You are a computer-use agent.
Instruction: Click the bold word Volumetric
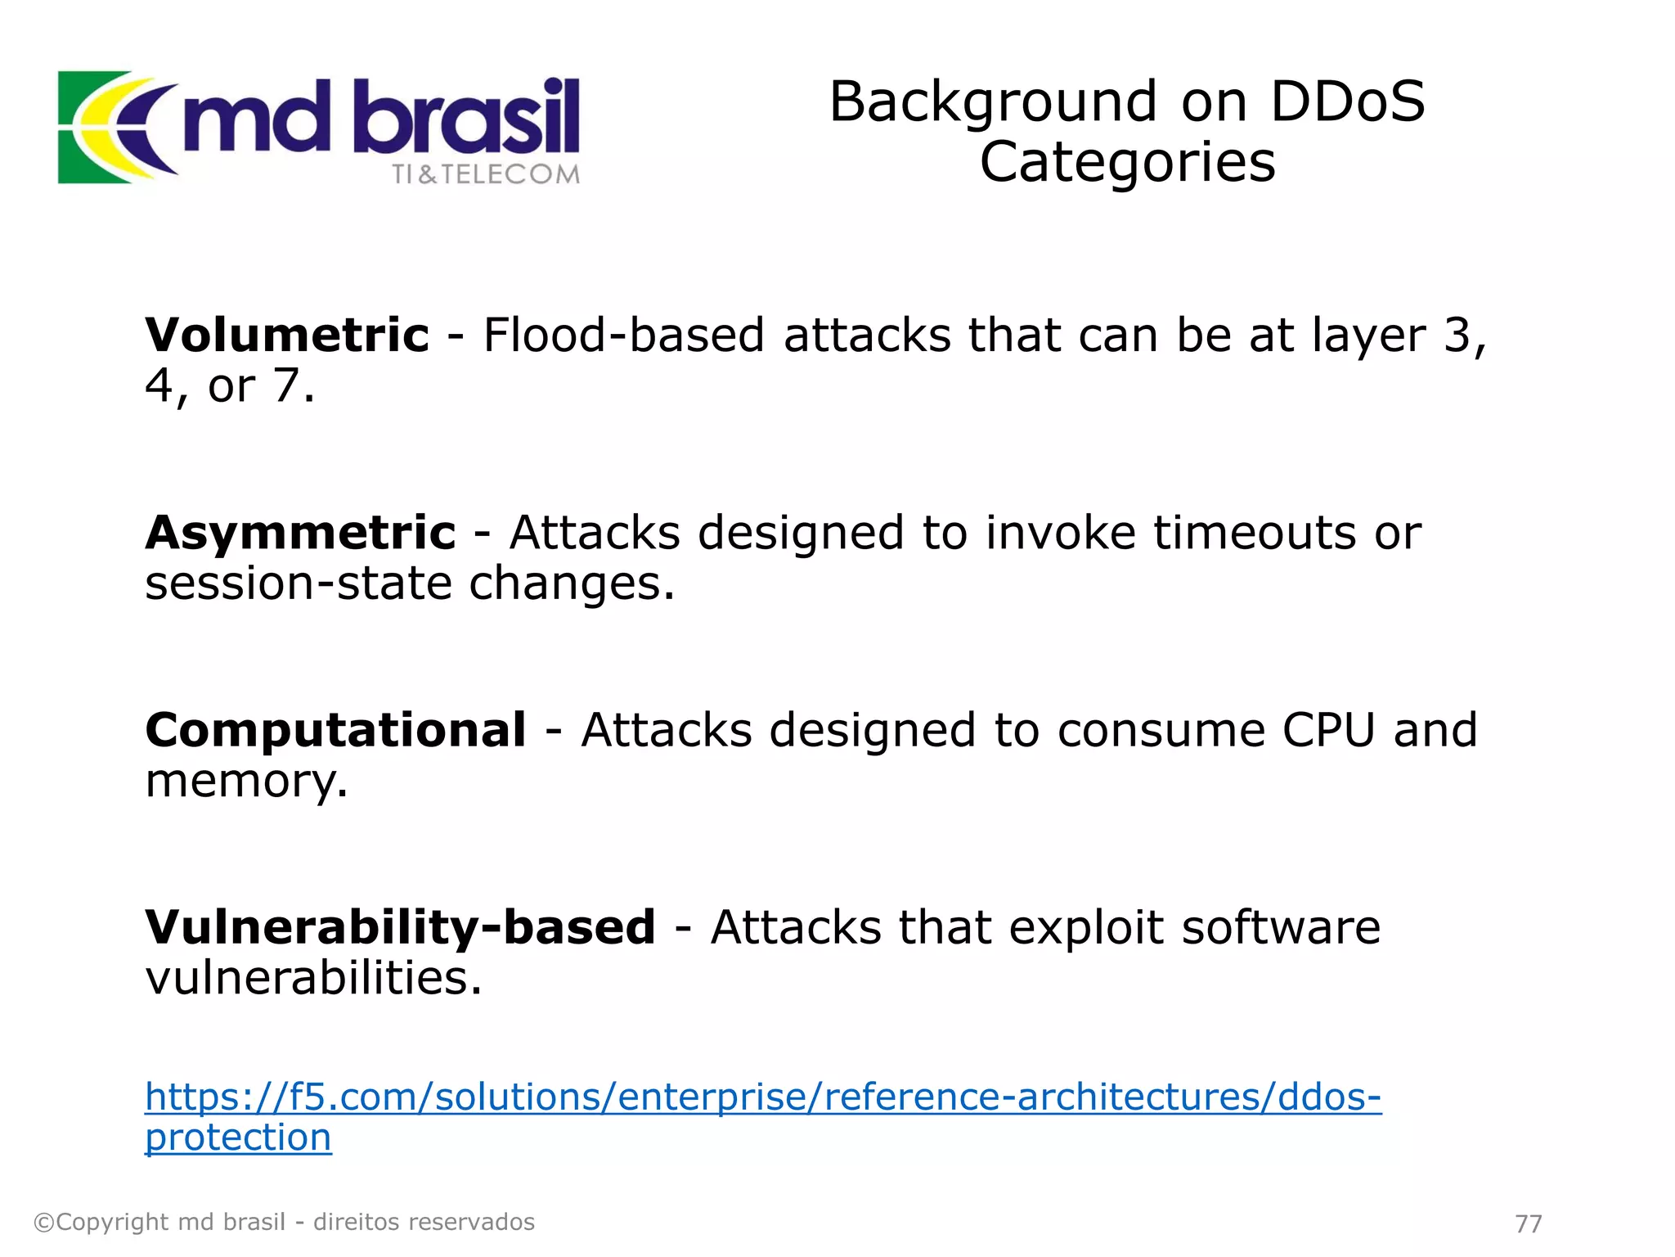pos(286,335)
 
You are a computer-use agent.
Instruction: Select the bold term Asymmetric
pos(300,533)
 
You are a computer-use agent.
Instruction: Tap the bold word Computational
pos(335,730)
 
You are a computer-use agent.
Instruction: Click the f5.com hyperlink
pos(762,1097)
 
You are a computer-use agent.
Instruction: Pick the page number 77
pos(1529,1223)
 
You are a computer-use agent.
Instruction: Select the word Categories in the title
pos(1127,162)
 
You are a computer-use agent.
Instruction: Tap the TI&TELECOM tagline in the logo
pos(486,174)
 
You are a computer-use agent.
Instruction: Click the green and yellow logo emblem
pos(110,127)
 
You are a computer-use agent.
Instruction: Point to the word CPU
pos(1328,730)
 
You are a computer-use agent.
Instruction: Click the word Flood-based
pos(623,335)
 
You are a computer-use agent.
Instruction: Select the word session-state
pos(298,583)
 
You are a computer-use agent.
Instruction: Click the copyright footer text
pos(284,1223)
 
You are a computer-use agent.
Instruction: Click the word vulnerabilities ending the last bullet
pos(313,978)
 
